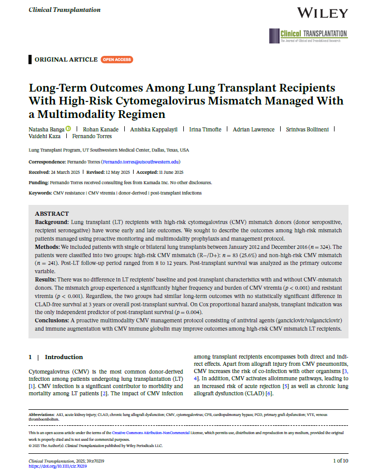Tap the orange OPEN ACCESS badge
coord(117,60)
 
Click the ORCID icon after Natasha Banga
coord(68,129)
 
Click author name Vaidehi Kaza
coord(45,136)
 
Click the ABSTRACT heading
coord(52,213)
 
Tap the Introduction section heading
coord(64,357)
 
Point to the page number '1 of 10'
coord(340,461)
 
